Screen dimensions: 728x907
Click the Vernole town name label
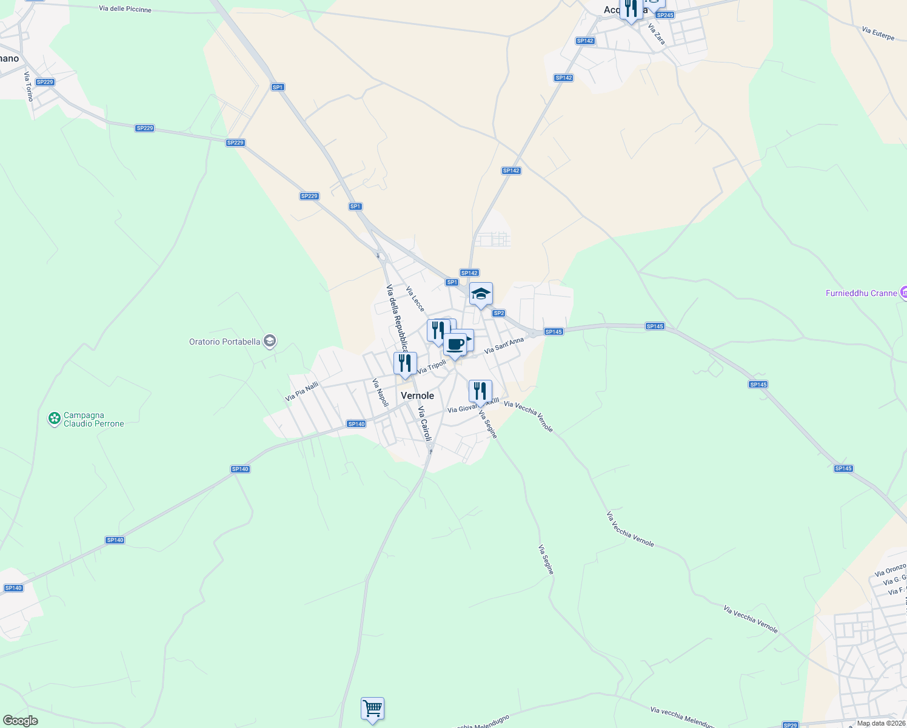click(417, 396)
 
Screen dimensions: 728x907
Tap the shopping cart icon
click(372, 709)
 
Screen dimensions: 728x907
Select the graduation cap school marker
click(481, 294)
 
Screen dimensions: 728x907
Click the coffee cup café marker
click(455, 345)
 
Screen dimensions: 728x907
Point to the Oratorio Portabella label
click(225, 342)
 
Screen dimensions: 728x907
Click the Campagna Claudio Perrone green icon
click(55, 418)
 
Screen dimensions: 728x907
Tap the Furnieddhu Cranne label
click(861, 293)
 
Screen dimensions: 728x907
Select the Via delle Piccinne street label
click(125, 9)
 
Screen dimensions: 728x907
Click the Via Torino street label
click(28, 86)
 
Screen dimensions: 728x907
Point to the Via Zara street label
click(657, 34)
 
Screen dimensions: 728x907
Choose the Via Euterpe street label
click(878, 33)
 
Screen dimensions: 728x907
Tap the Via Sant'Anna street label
click(504, 346)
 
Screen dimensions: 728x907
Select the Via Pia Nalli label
click(302, 391)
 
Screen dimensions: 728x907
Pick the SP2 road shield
click(498, 313)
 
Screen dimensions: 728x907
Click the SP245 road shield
click(665, 15)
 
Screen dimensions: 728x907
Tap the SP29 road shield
click(790, 725)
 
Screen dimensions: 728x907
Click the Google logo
click(20, 720)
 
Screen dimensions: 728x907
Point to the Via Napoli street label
click(380, 393)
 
